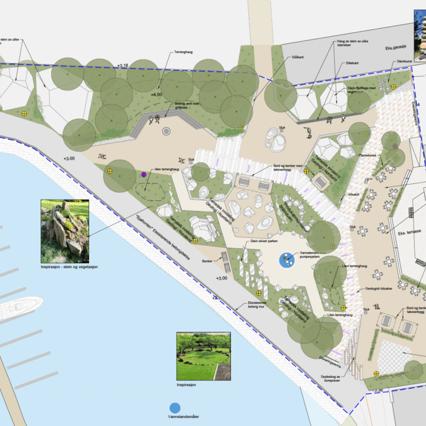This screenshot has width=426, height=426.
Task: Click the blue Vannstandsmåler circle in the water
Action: (x=175, y=408)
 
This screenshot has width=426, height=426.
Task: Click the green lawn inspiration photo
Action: (x=203, y=356)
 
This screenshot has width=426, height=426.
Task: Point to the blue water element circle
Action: (x=288, y=259)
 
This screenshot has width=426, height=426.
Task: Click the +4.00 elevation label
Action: (x=155, y=94)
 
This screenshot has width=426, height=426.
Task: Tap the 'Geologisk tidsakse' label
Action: (x=377, y=289)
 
